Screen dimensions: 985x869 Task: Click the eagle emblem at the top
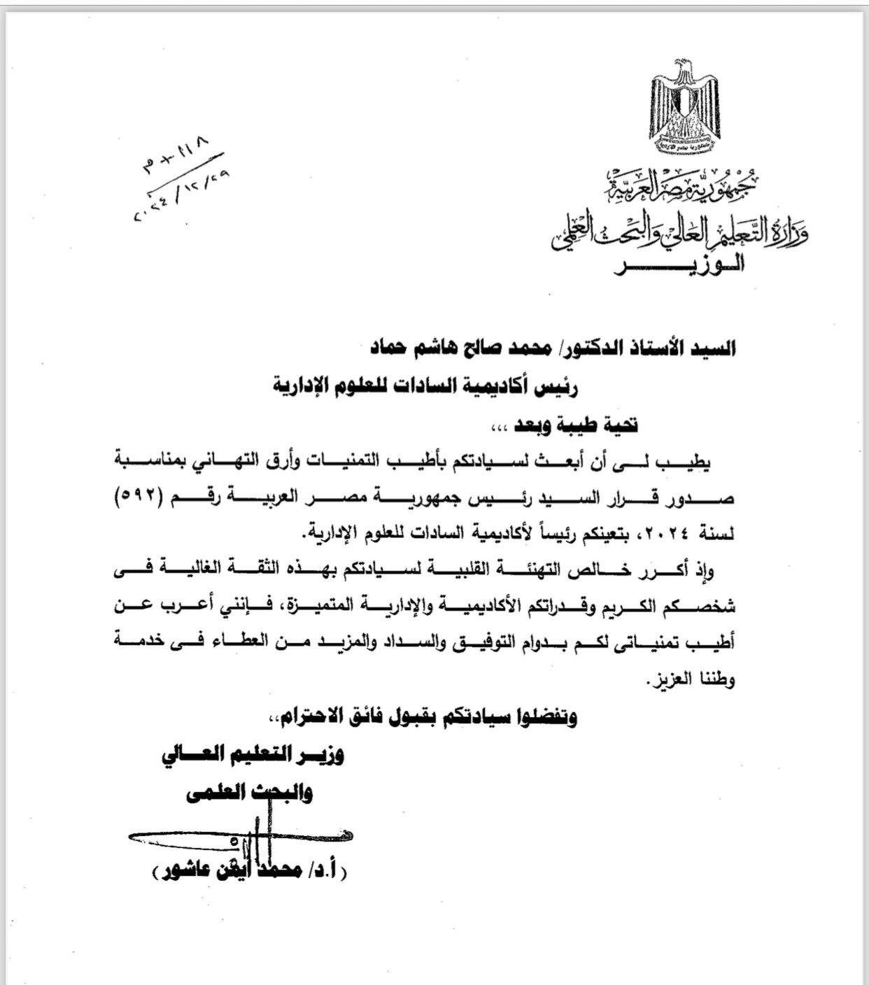(x=685, y=108)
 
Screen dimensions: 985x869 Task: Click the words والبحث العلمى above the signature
(x=248, y=793)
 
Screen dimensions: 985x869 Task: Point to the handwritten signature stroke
(x=238, y=835)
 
